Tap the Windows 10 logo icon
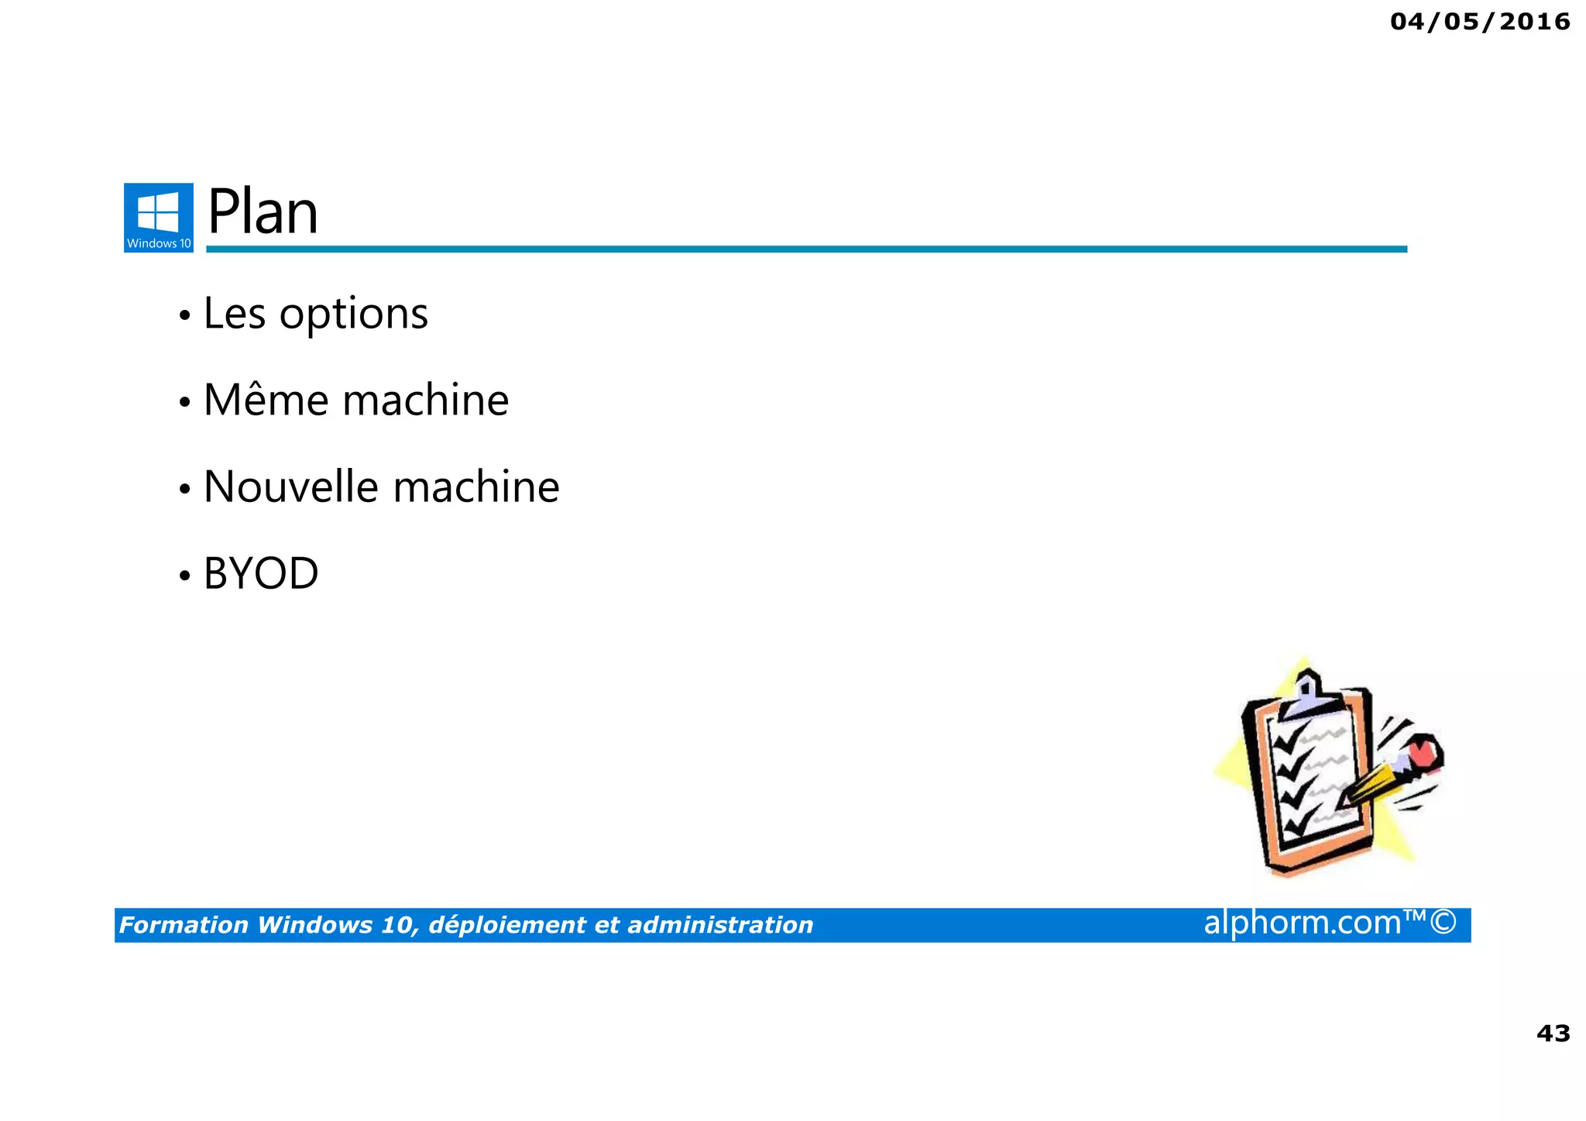158,217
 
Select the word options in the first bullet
353,315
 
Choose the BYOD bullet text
260,574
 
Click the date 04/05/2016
1480,22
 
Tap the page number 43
1553,1033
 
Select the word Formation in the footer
184,925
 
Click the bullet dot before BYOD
184,576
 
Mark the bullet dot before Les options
184,316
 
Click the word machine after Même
425,401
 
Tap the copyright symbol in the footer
1444,923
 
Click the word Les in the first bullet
234,315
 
